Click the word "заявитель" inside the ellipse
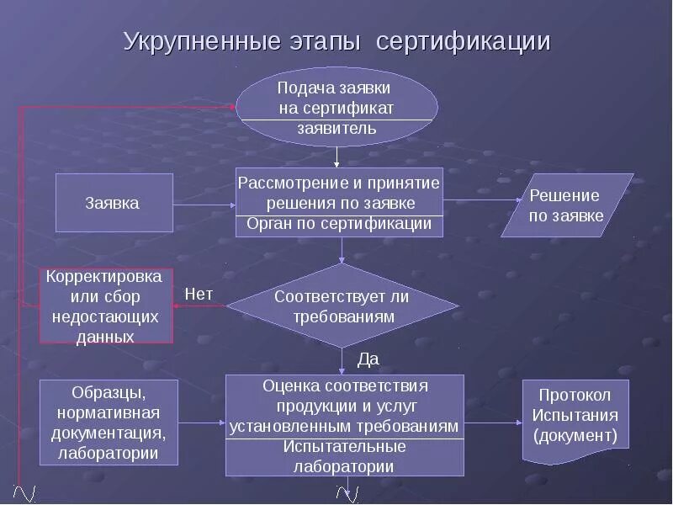336,129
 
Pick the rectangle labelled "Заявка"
114,203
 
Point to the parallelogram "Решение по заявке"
566,206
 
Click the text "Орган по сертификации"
339,224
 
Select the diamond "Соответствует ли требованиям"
342,306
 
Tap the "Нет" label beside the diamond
199,294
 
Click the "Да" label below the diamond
368,359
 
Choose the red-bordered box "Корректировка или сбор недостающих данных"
106,306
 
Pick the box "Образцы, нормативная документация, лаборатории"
109,423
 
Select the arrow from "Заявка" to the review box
204,204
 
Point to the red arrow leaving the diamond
199,306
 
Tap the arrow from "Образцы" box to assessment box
203,423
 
